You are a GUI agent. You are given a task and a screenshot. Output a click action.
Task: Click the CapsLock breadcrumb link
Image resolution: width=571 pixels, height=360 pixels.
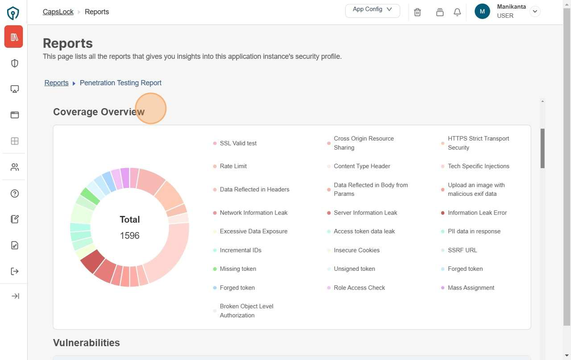pos(58,12)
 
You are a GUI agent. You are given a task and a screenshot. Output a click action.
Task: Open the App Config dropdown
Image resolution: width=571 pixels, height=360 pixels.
pos(372,10)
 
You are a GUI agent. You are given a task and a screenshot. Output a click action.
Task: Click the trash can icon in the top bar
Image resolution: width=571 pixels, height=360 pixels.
pos(418,12)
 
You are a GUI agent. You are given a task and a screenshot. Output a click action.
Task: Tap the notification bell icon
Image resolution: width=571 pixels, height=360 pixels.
pos(457,12)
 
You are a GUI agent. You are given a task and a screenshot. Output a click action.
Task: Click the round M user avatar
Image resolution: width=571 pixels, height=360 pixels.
pos(482,12)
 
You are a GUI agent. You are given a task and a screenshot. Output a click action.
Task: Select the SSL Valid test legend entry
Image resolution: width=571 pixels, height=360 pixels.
pos(238,143)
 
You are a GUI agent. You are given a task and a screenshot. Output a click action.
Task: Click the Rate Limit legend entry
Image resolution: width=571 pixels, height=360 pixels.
pos(233,166)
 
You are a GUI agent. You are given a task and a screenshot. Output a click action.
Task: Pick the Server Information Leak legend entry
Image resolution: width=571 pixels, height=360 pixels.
pos(365,213)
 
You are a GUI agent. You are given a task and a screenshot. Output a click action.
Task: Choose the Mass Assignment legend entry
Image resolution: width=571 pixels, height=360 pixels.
pos(471,288)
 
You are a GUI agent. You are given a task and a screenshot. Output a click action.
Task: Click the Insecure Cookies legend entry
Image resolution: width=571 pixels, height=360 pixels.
pos(356,250)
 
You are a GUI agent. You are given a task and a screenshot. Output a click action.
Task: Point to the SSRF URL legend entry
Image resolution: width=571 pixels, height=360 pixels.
pos(462,250)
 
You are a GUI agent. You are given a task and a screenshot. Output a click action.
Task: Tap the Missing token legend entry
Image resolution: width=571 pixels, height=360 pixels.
pos(238,269)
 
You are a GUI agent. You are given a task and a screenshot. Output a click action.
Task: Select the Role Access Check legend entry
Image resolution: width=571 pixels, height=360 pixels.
pos(359,288)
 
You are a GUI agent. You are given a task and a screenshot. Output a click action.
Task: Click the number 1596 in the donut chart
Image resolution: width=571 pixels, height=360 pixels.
pos(130,236)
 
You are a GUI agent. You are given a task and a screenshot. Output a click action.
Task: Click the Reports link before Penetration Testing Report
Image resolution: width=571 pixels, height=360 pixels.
pos(57,83)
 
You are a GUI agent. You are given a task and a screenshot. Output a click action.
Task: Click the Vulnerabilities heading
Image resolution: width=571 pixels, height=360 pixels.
pos(87,343)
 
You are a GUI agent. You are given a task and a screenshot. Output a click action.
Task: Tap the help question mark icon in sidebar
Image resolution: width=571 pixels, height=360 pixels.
pos(15,194)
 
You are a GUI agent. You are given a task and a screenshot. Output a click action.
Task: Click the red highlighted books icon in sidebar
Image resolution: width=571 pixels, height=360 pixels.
pos(14,37)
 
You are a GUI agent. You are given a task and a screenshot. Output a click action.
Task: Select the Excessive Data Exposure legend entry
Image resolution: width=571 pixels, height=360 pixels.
pos(253,232)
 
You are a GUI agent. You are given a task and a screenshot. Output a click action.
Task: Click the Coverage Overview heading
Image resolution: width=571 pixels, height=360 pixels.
pos(99,112)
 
